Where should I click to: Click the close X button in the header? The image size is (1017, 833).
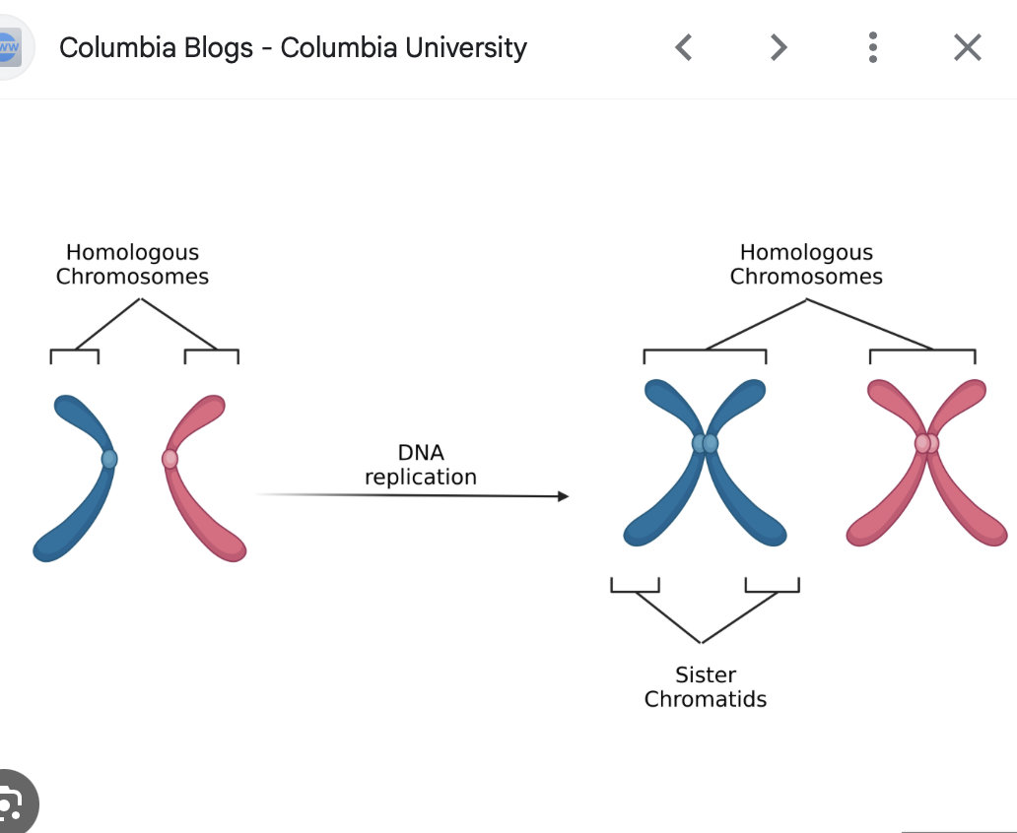(x=967, y=47)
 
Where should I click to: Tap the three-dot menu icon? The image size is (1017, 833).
(x=873, y=47)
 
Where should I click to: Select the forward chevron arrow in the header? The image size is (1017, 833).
(x=779, y=47)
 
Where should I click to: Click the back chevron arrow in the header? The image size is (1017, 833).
(x=684, y=47)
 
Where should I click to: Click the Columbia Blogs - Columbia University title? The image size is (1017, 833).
(x=293, y=47)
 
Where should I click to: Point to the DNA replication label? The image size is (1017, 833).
(x=421, y=465)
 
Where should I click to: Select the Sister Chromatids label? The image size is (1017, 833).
(x=705, y=687)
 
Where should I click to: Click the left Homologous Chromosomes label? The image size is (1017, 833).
(x=132, y=265)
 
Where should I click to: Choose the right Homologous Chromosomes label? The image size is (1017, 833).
(x=806, y=265)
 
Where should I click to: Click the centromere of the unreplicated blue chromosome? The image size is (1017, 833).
(x=108, y=459)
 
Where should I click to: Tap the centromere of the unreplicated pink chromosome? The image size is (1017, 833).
(x=169, y=459)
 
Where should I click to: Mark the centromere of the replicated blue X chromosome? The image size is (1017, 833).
(x=705, y=444)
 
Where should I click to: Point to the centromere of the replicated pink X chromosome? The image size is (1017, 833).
(x=926, y=444)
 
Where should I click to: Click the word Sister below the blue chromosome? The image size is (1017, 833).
(x=705, y=675)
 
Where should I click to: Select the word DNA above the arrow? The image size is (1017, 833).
(x=421, y=453)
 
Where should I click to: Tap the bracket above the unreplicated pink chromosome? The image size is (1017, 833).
(x=211, y=352)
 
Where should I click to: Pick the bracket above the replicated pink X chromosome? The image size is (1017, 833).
(x=921, y=352)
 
